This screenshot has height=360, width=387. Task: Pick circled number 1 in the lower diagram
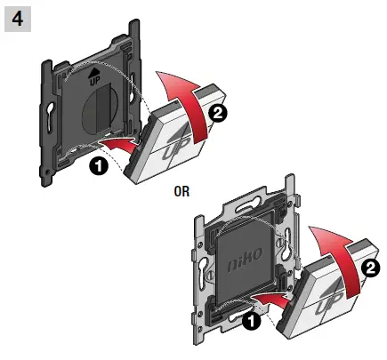tap(253, 317)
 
